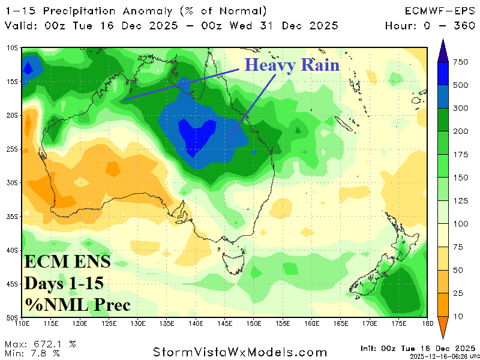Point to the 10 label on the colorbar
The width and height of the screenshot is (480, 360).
pos(457,316)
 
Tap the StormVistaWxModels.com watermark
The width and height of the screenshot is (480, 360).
pos(240,352)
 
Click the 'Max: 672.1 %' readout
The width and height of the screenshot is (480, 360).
pos(40,344)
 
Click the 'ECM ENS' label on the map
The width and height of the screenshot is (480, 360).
pos(67,262)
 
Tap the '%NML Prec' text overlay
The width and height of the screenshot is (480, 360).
pos(77,305)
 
